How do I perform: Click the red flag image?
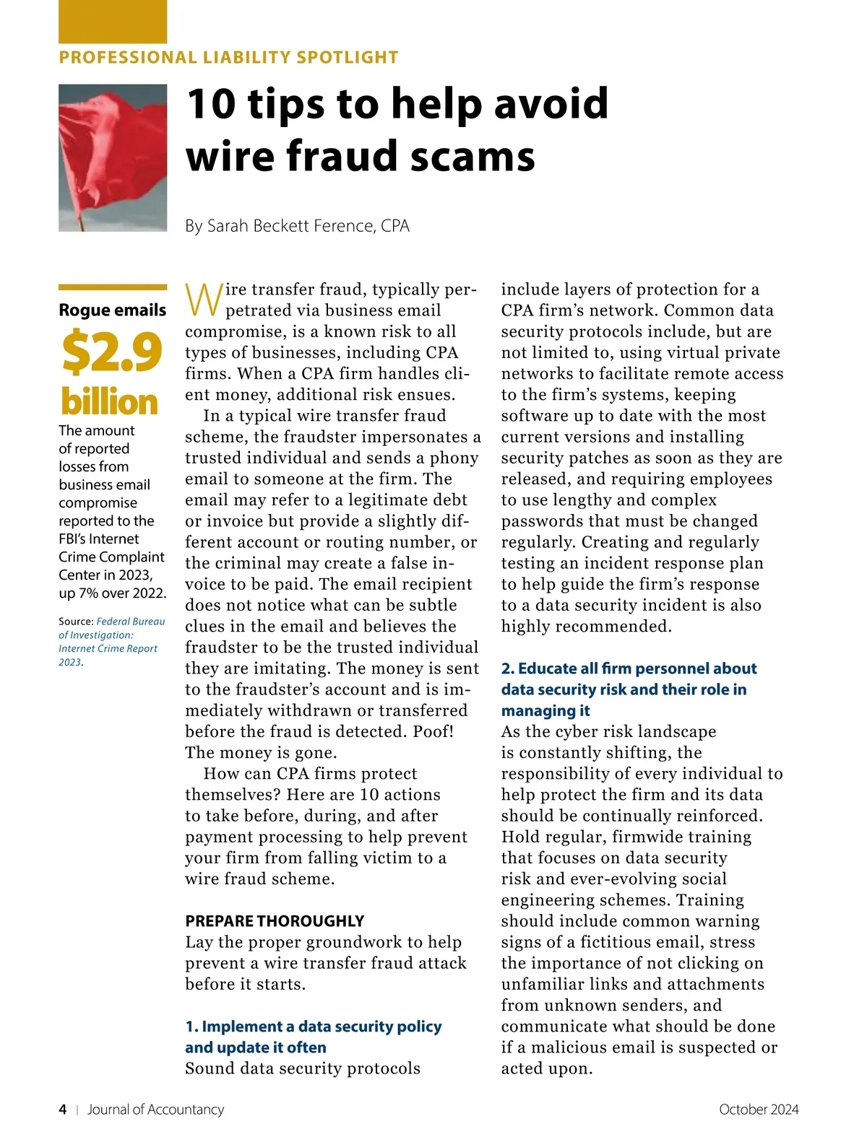(x=112, y=157)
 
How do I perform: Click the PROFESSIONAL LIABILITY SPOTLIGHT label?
(x=228, y=58)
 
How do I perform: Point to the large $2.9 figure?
(x=111, y=352)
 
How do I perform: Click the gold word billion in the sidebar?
(x=109, y=401)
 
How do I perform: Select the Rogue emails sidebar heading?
(x=112, y=310)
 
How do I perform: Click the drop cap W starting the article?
(x=203, y=300)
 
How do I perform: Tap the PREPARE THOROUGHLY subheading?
(x=275, y=921)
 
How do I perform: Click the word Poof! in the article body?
(x=433, y=731)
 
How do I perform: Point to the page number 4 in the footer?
(x=63, y=1110)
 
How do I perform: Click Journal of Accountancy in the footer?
(x=155, y=1110)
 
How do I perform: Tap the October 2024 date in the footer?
(x=759, y=1110)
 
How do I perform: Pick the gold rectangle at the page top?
(x=112, y=22)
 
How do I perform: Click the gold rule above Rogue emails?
(x=112, y=287)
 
